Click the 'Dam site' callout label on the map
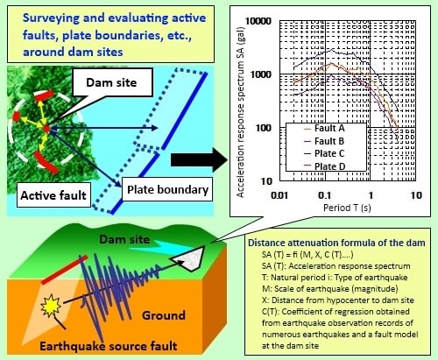point(112,82)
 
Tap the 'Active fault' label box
point(53,195)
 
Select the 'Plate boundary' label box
point(167,189)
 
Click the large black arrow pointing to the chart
point(199,159)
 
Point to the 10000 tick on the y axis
point(258,21)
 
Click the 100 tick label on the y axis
point(264,128)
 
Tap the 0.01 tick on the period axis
point(279,195)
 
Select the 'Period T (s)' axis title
point(347,208)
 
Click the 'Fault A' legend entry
point(324,128)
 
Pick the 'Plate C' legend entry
point(324,153)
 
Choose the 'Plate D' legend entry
point(324,166)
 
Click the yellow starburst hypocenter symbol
point(51,306)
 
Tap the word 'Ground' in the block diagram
point(164,315)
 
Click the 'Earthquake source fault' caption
point(109,346)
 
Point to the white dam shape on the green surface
point(188,258)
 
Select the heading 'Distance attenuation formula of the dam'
point(336,243)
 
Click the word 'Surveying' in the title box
point(51,18)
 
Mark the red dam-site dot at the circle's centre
point(46,129)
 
